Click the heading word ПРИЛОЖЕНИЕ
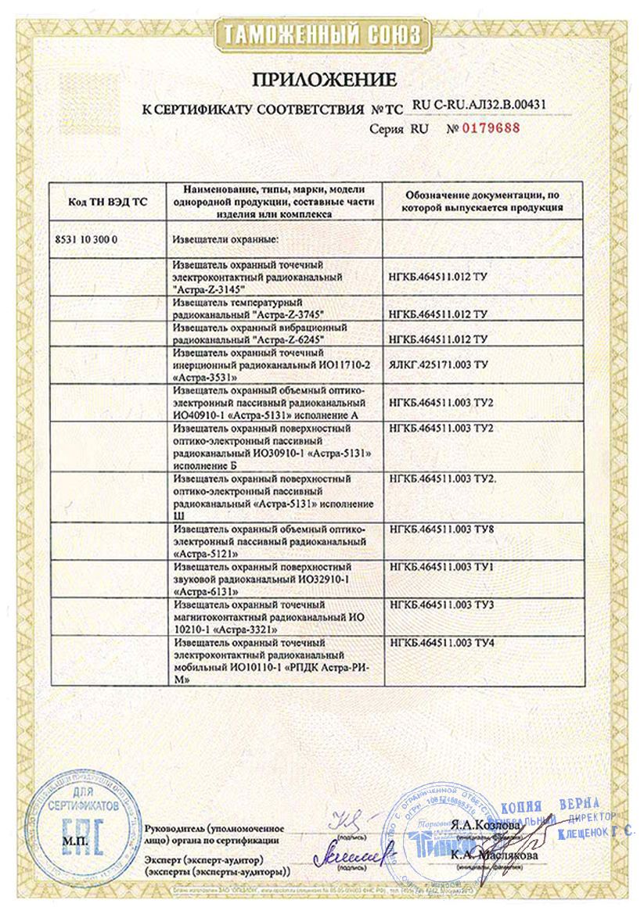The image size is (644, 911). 323,79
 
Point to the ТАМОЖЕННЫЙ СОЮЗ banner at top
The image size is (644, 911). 322,35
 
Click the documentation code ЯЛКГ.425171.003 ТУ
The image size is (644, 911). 438,364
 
